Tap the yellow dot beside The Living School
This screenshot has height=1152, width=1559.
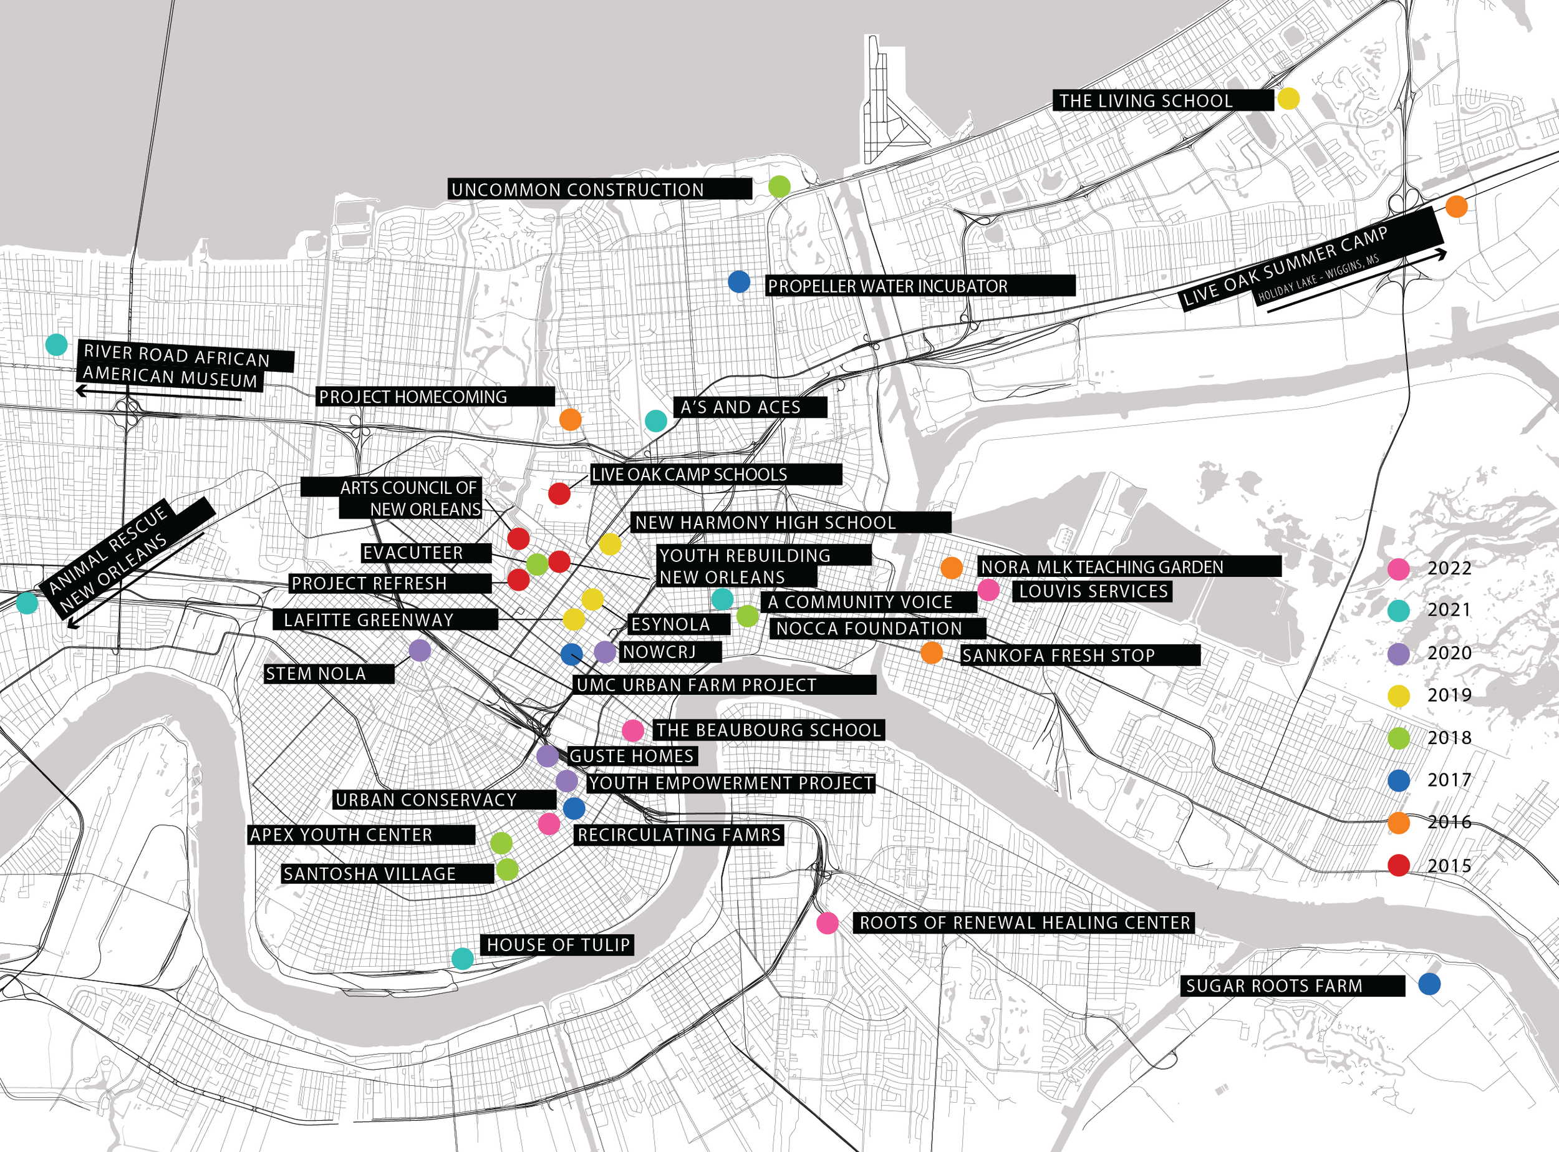(1288, 99)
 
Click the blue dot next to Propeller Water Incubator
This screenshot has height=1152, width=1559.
(739, 282)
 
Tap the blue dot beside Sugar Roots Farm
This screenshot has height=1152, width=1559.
(1429, 984)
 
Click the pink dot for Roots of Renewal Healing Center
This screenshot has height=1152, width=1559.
(828, 922)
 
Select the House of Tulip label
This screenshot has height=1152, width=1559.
(557, 945)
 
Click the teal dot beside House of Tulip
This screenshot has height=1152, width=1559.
(463, 959)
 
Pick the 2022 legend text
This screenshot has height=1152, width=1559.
(1449, 568)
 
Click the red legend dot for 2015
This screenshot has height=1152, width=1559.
(1399, 865)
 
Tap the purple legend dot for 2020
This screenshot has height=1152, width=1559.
(1399, 654)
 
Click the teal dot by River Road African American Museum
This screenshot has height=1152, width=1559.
(57, 344)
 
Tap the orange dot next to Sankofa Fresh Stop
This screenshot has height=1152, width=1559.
(932, 652)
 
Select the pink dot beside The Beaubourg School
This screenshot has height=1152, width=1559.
(632, 731)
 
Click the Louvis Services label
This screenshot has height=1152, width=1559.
(1093, 591)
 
